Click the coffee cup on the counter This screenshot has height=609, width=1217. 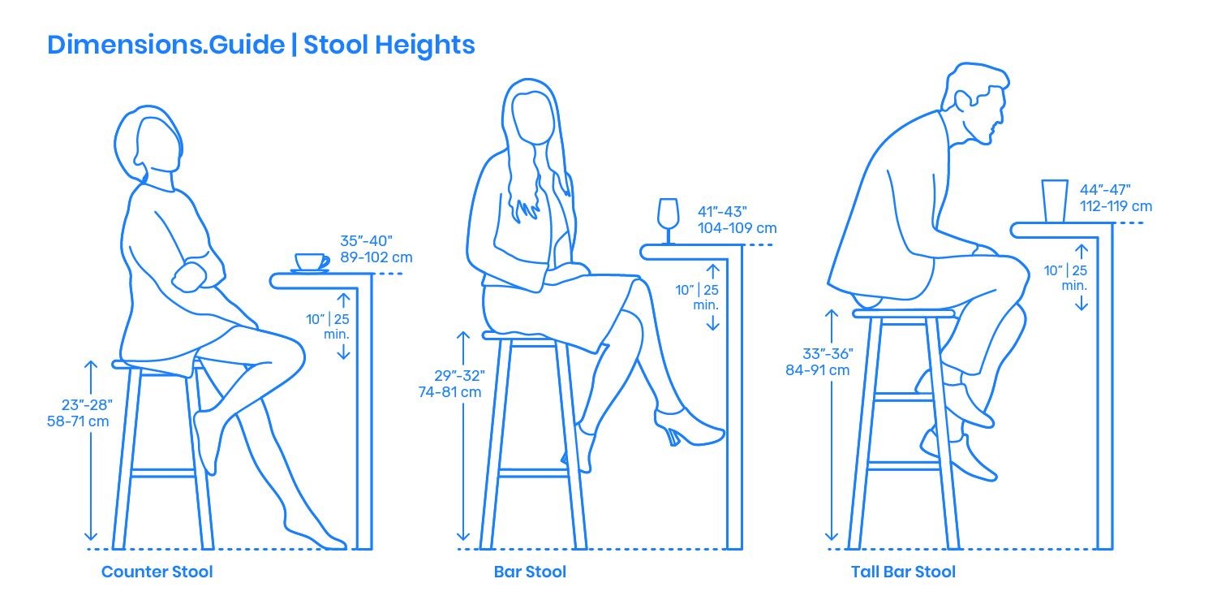coord(312,262)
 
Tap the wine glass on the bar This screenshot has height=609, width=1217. coord(668,221)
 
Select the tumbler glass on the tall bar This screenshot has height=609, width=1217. coord(1055,201)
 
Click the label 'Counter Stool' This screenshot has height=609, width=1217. coord(157,572)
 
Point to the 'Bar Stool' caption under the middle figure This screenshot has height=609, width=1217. coord(530,572)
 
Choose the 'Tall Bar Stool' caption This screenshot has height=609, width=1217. coord(903,572)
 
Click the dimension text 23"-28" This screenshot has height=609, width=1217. coord(87,405)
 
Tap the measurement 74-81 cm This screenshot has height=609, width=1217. coord(449,392)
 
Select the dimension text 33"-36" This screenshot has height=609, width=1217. coord(828,354)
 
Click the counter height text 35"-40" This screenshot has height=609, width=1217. coord(366,241)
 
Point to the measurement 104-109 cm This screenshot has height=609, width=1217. coord(738,228)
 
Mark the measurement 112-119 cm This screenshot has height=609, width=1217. coord(1116,206)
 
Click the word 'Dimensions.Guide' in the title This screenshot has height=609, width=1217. coord(166,45)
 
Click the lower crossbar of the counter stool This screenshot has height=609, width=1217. coord(163,473)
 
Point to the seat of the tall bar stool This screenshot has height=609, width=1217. coord(903,313)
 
